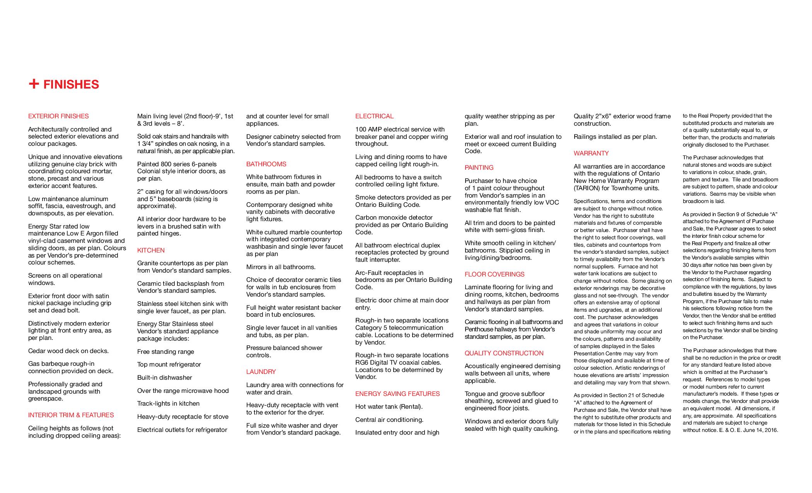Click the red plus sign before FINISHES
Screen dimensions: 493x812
(x=34, y=84)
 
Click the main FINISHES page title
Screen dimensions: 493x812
(x=71, y=85)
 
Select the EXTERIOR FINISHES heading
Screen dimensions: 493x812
(x=58, y=116)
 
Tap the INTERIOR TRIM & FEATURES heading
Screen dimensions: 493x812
(x=71, y=415)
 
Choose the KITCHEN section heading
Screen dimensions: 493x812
(x=151, y=250)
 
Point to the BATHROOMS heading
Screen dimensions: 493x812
(x=266, y=164)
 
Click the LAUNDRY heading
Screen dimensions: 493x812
(x=261, y=372)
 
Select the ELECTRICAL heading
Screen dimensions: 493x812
(x=374, y=116)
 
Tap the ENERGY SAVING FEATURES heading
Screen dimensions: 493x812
(x=397, y=394)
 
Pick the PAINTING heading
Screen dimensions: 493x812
(x=479, y=167)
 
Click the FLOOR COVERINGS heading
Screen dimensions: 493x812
(x=495, y=274)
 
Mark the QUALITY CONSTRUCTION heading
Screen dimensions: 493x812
(x=504, y=353)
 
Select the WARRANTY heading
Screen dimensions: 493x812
(x=591, y=153)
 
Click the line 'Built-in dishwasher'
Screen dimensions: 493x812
(x=164, y=377)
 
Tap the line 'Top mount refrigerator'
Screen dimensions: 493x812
(x=169, y=364)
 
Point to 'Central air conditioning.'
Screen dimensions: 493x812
(x=389, y=420)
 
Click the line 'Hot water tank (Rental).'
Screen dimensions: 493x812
(x=389, y=406)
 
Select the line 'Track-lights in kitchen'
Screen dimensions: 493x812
(x=168, y=403)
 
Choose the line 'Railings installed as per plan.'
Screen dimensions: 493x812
(x=615, y=136)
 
